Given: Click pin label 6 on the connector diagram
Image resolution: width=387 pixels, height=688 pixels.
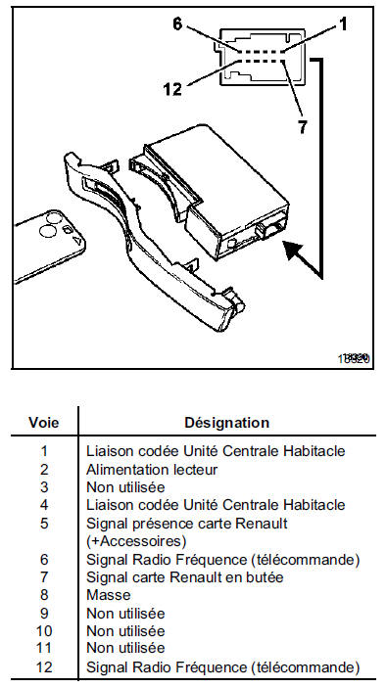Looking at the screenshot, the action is [177, 24].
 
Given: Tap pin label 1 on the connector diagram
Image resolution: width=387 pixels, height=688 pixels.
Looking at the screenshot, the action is [343, 24].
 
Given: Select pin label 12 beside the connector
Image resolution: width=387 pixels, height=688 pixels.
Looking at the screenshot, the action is [172, 89].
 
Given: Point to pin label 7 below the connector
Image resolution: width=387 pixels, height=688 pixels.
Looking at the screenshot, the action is [302, 127].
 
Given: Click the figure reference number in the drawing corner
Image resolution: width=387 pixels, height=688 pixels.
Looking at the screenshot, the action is [354, 358].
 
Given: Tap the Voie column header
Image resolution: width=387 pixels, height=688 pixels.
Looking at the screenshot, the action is [43, 423].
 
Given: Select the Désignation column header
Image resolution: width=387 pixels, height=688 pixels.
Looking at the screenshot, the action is [226, 423].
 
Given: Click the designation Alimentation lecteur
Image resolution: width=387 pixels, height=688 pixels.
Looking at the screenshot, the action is [152, 470].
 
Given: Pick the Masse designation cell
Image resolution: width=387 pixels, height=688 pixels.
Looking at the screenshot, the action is [109, 595].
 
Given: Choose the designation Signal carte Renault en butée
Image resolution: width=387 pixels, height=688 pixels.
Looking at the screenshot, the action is [184, 577].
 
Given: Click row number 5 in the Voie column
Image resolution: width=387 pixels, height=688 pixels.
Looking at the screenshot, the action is [44, 524].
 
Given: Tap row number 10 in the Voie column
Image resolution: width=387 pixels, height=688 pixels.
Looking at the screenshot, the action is [44, 631].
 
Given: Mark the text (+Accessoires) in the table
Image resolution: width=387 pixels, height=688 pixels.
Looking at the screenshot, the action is [136, 541].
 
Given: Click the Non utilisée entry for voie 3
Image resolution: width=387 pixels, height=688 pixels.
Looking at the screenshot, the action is [125, 487].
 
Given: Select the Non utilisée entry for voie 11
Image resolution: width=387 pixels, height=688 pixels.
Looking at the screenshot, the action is [125, 648].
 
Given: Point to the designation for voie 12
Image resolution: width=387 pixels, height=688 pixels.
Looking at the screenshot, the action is [222, 667].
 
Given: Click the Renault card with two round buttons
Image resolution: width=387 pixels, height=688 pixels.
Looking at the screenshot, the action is [50, 246].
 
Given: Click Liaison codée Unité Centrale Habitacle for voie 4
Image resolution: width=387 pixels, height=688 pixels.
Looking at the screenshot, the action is [216, 505].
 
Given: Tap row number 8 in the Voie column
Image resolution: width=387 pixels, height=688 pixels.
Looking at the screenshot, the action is [44, 595].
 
